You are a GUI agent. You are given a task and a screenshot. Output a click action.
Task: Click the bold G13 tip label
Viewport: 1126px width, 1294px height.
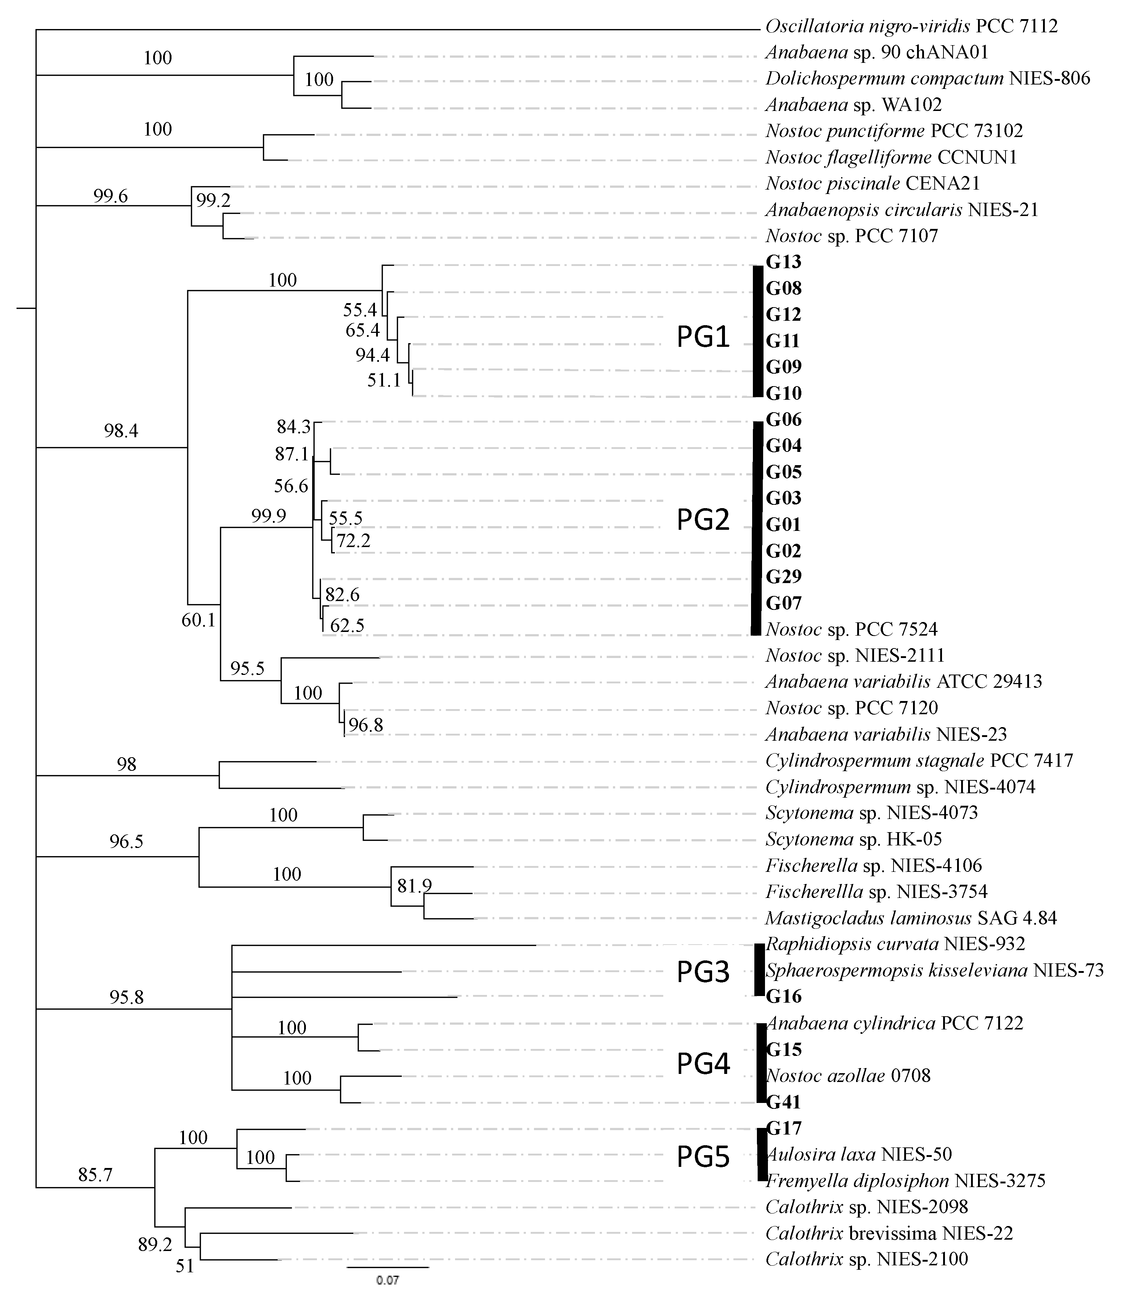[784, 262]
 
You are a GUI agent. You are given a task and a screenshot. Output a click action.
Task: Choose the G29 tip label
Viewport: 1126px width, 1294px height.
[784, 576]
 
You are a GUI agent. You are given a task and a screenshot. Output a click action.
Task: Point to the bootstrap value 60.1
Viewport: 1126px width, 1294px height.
[199, 620]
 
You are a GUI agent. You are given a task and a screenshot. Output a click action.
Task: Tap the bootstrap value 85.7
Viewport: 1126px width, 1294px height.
[95, 1175]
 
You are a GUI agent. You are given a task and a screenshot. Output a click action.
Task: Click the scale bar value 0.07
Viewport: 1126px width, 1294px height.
[388, 1280]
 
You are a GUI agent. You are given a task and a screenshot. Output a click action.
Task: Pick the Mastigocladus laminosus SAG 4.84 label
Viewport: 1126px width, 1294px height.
[910, 918]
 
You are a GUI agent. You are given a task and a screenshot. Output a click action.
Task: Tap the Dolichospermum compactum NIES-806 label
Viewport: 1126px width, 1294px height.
[927, 79]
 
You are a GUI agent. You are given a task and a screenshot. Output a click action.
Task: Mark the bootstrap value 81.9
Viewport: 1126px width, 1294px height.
[415, 886]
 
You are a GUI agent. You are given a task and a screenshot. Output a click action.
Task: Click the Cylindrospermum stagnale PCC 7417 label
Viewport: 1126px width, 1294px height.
[919, 761]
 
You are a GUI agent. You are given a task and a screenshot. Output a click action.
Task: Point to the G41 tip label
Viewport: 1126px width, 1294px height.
[784, 1102]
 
